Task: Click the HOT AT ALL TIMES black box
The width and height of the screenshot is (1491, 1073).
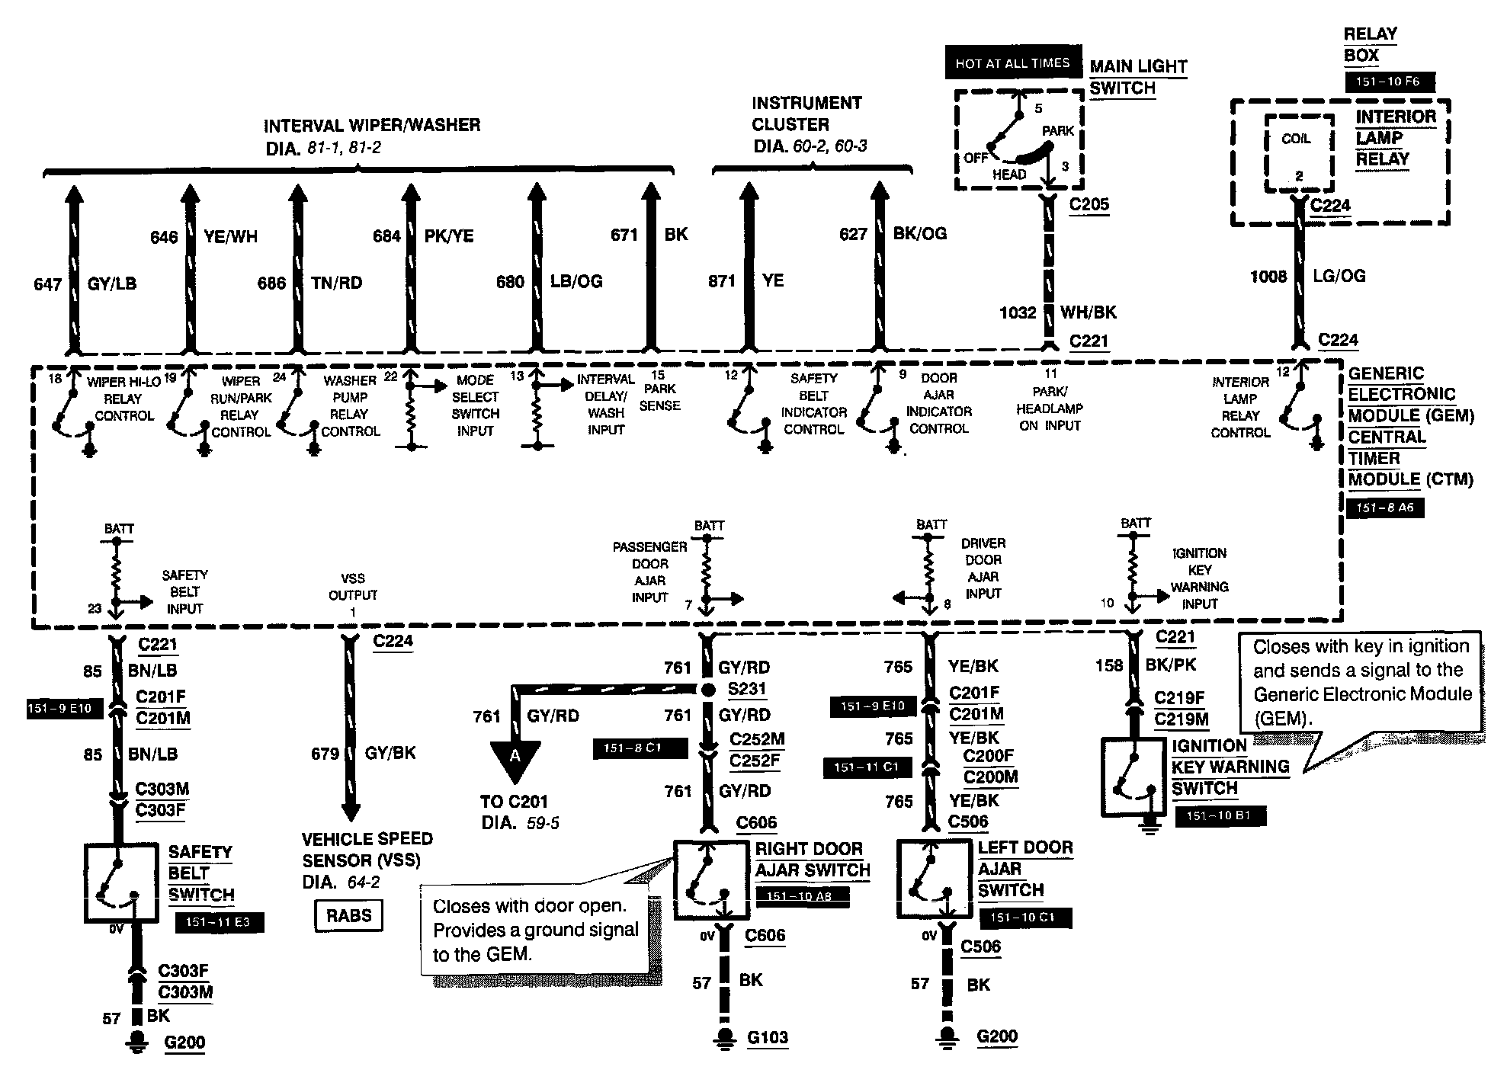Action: point(1013,62)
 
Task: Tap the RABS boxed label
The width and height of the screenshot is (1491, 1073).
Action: point(348,915)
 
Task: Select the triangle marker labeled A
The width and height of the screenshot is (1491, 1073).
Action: point(515,759)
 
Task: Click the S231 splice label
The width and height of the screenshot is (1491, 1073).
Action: point(746,689)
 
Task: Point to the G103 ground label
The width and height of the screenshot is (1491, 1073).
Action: point(767,1037)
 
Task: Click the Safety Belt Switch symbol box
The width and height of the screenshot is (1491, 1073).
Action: point(121,882)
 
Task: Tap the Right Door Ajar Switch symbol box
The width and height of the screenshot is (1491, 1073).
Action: point(710,880)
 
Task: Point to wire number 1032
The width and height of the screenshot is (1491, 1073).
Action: point(1018,312)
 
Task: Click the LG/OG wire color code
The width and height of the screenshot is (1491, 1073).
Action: point(1339,276)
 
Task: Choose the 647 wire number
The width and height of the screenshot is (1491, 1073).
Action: point(47,284)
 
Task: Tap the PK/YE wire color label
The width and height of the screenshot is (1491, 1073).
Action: point(449,236)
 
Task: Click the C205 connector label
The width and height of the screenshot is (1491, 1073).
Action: point(1089,204)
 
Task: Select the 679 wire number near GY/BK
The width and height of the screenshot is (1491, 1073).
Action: point(325,754)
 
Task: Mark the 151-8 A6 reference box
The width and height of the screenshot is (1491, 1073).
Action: point(1385,507)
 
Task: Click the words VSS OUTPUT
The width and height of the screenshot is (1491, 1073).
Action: point(353,587)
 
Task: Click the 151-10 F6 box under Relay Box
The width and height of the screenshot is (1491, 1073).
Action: point(1390,81)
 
